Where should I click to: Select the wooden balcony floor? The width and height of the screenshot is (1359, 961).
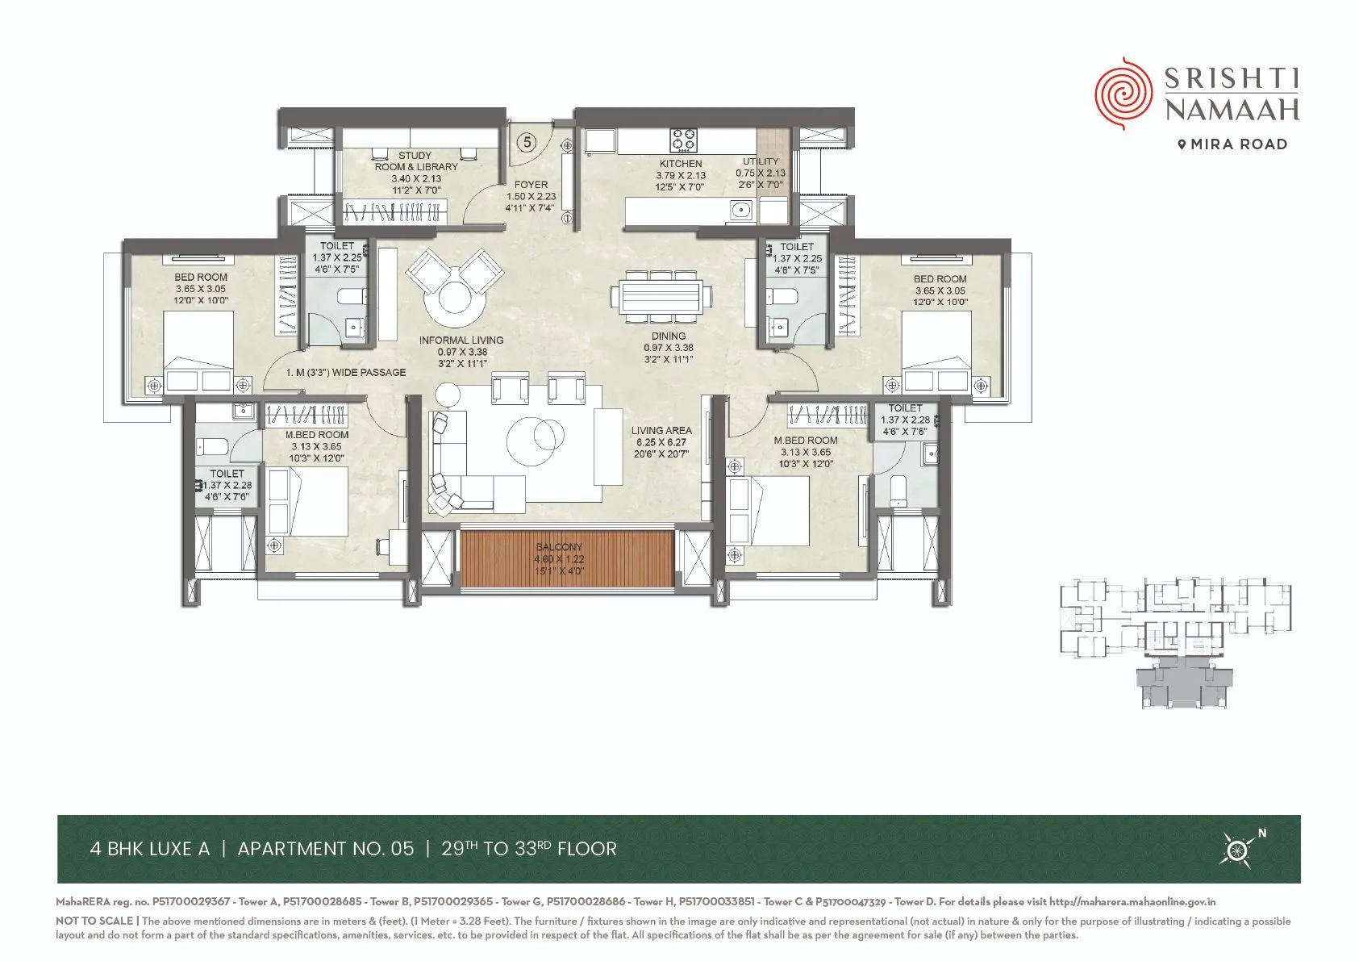[x=566, y=558]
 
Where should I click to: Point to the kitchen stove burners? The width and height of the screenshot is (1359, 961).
[x=684, y=140]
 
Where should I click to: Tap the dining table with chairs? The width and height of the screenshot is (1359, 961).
[x=662, y=297]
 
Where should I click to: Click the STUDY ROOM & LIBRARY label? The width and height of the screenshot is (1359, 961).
[x=415, y=161]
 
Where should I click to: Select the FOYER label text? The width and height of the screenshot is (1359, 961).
[x=531, y=185]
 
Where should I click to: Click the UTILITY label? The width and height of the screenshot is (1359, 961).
[x=761, y=161]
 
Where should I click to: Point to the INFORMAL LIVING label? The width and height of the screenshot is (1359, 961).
[x=461, y=341]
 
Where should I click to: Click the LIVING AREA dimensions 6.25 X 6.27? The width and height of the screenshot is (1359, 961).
[x=661, y=442]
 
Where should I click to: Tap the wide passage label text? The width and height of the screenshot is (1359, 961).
[x=346, y=373]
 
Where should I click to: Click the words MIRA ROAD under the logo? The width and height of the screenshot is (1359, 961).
[x=1238, y=144]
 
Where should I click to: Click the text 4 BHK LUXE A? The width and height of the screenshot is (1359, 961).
[x=150, y=849]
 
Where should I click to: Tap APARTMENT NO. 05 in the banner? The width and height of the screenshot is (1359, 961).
[x=325, y=849]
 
